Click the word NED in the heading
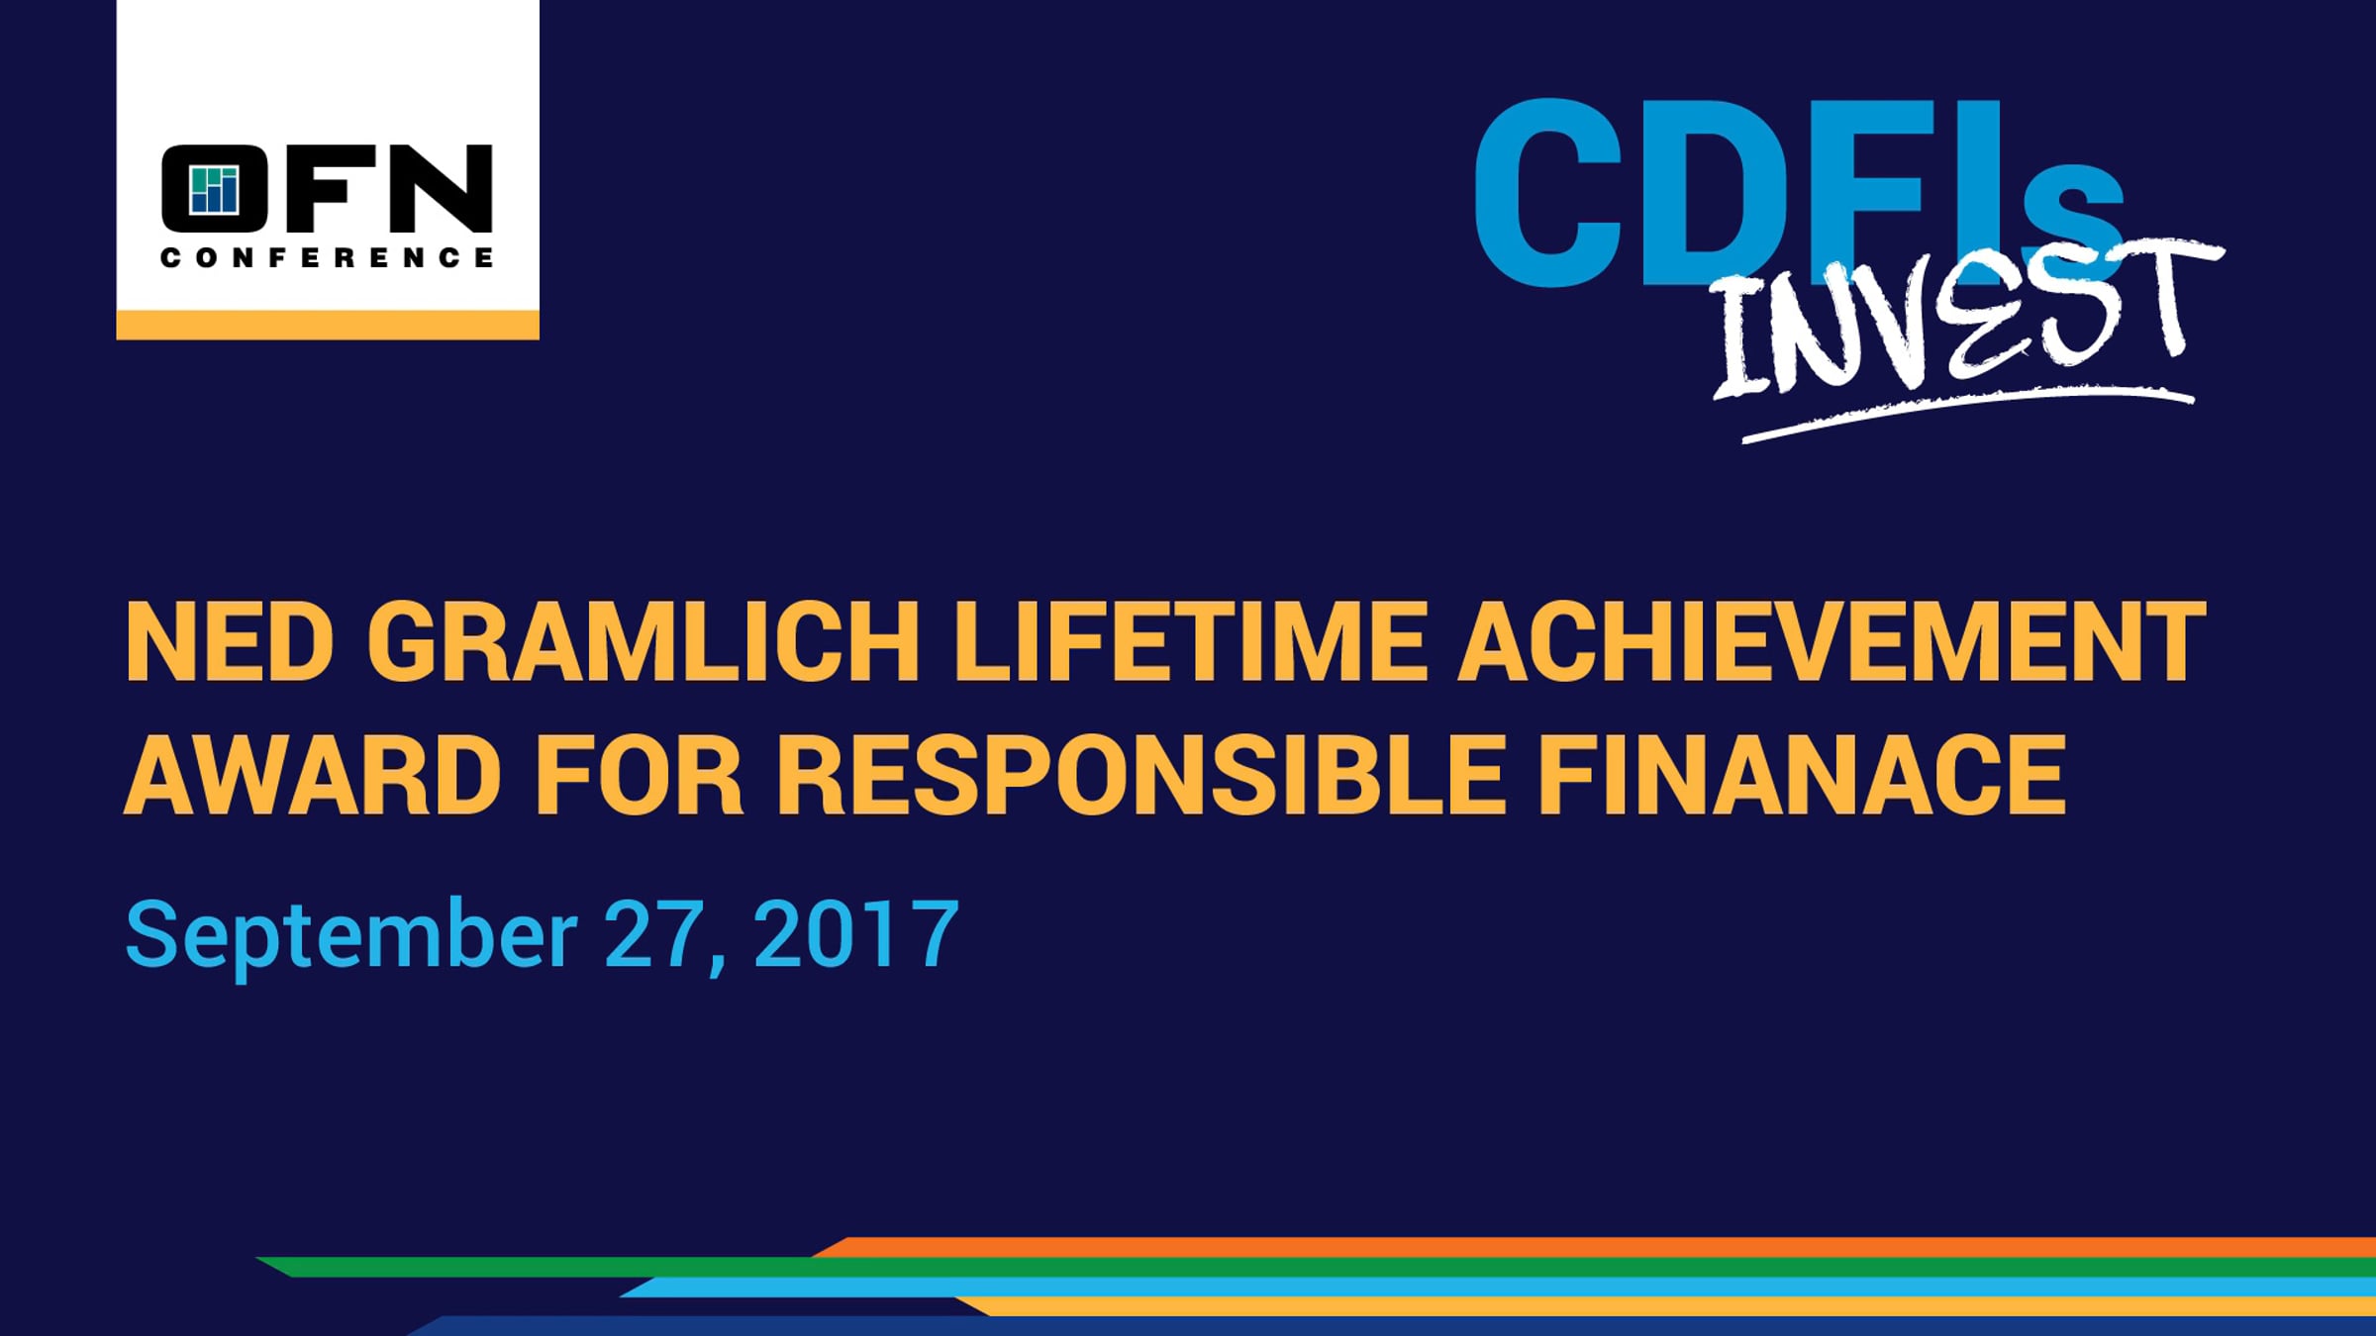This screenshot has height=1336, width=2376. tap(229, 642)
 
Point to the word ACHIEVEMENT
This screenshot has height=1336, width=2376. tap(1832, 642)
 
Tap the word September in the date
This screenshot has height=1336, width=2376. tap(351, 935)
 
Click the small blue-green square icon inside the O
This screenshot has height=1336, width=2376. tap(215, 190)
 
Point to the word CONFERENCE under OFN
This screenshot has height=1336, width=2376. tap(327, 258)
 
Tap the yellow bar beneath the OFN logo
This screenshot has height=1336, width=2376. tap(328, 325)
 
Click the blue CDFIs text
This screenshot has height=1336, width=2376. tap(1798, 193)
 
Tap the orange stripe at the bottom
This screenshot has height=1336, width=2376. tap(1594, 1247)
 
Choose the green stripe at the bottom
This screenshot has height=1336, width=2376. tap(1317, 1267)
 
